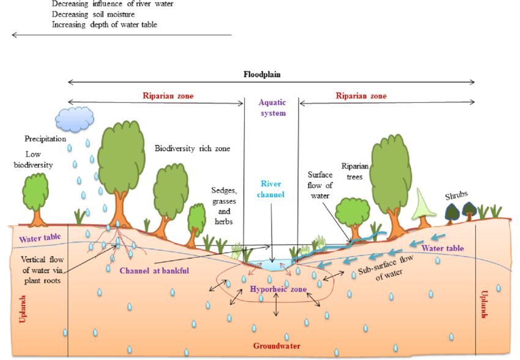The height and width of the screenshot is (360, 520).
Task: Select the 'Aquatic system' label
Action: (x=272, y=108)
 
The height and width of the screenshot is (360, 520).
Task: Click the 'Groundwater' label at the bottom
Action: (x=277, y=346)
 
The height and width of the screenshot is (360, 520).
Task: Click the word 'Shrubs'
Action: (x=456, y=195)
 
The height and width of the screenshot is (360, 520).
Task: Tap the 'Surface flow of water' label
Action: (x=321, y=186)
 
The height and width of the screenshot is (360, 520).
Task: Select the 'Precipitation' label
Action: (x=45, y=139)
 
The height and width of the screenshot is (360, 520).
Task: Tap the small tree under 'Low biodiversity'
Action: (x=36, y=197)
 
